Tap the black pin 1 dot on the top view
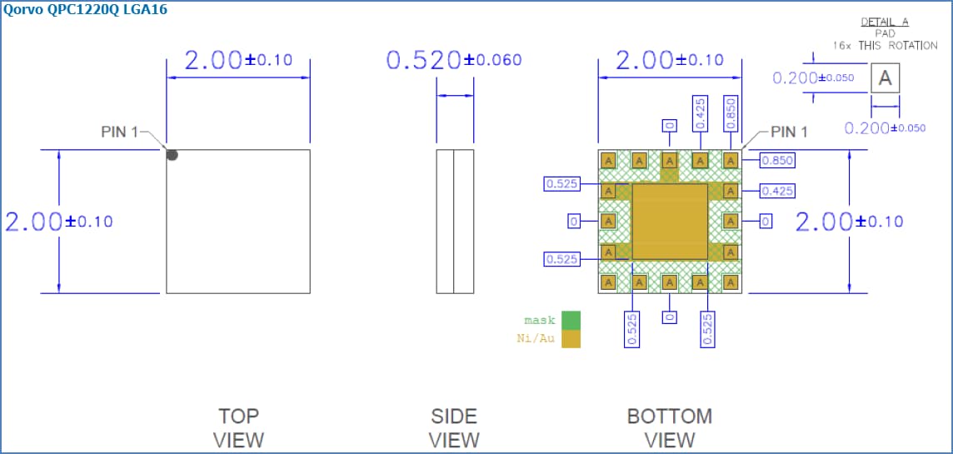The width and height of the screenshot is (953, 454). [172, 154]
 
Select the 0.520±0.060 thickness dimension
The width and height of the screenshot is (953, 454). [454, 60]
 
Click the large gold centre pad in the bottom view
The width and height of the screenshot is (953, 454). [670, 222]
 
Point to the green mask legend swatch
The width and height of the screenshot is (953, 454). [571, 321]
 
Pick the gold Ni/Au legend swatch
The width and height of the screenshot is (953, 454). [571, 339]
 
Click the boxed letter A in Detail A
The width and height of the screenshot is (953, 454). [886, 79]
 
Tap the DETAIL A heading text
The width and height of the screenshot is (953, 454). [884, 22]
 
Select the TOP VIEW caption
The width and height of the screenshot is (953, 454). [240, 427]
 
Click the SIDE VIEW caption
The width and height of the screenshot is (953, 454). [454, 427]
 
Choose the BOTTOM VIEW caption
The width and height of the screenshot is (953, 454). [670, 427]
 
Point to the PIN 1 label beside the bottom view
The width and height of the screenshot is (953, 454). [789, 132]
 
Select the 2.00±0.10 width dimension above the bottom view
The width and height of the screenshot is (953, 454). [670, 60]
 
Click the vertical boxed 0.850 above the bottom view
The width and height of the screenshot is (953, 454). [731, 113]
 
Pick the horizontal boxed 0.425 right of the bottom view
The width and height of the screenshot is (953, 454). [776, 192]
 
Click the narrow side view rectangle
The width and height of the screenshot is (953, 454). [455, 222]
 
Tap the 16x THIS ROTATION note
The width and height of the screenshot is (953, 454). [885, 46]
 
